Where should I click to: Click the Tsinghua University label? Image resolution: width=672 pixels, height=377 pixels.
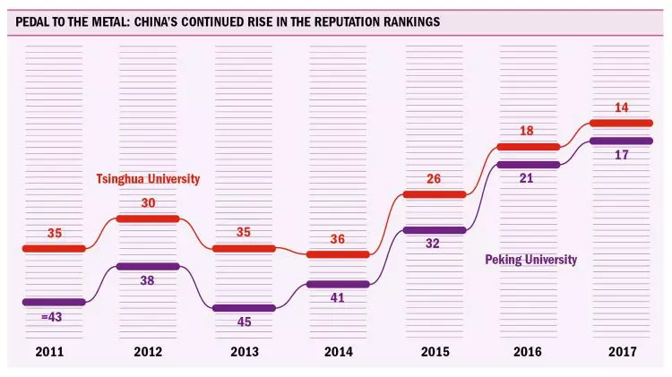point(148,179)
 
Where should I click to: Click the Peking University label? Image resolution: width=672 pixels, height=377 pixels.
point(530,260)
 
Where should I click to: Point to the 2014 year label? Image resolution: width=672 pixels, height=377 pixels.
point(337,352)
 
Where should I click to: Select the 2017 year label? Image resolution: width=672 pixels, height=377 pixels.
point(621,352)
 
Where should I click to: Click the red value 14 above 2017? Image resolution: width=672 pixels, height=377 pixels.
point(621,107)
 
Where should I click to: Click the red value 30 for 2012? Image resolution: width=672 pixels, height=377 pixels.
point(149,202)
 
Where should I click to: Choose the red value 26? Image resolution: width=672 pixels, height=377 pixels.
point(435,178)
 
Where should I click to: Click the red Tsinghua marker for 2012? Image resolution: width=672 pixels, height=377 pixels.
point(149,218)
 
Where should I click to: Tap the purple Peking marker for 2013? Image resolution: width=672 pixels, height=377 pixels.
point(244,307)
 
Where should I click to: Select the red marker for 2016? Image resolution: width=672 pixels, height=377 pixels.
point(528,146)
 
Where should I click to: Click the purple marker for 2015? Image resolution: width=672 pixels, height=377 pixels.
point(435,230)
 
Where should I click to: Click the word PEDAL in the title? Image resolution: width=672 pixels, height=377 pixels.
point(30,21)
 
